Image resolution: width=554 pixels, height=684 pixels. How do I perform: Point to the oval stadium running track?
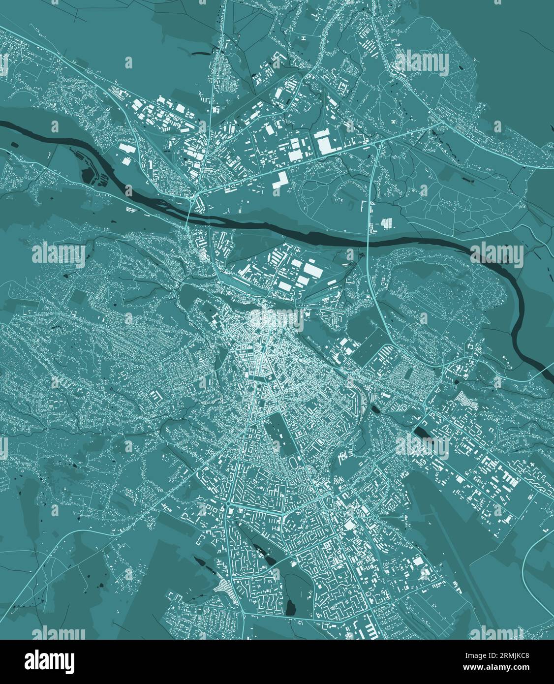point(294,462)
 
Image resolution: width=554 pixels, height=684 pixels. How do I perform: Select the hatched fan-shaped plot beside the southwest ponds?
point(224,587)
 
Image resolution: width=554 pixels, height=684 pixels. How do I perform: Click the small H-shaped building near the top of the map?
point(304,38)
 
